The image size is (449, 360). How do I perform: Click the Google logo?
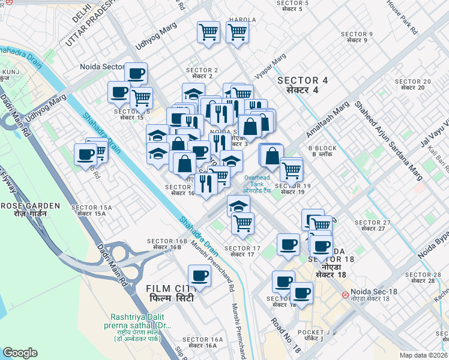[20, 353]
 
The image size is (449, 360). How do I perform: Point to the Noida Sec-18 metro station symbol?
[346, 295]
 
